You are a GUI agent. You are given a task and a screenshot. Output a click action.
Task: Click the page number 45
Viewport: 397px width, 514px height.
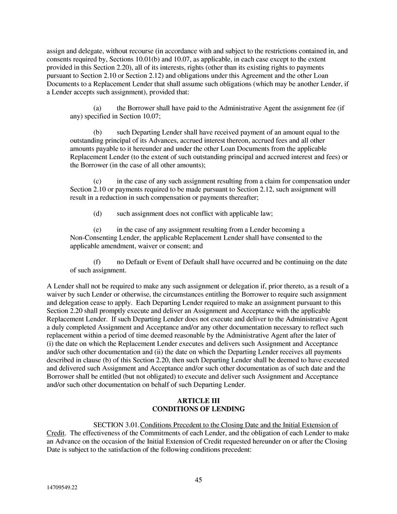[198, 480]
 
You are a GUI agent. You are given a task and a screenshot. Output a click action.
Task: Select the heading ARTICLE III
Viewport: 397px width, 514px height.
[198, 401]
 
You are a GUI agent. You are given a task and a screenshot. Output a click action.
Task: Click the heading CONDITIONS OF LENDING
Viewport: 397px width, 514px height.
[198, 409]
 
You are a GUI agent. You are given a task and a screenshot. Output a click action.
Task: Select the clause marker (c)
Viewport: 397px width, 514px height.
[98, 181]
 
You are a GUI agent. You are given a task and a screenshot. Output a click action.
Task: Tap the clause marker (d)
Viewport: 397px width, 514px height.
[98, 213]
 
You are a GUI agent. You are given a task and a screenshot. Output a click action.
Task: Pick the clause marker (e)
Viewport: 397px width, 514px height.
[98, 230]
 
